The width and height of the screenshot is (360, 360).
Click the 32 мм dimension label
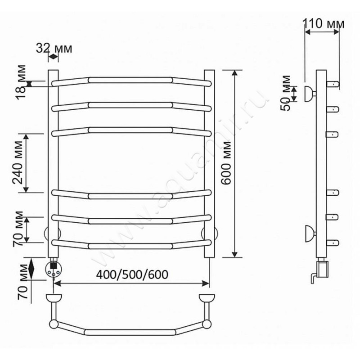pos(54,49)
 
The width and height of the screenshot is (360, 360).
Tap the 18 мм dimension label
pos(21,82)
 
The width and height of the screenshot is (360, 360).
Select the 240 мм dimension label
pos(18,162)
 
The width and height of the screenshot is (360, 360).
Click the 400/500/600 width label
pos(132,274)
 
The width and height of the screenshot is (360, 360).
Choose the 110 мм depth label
pos(324,24)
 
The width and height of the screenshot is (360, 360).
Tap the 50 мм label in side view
pos(286,93)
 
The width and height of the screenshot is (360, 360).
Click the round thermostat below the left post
pos(54,270)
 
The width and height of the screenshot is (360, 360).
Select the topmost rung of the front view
pos(131,81)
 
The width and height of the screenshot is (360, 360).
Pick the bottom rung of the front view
pos(131,245)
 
